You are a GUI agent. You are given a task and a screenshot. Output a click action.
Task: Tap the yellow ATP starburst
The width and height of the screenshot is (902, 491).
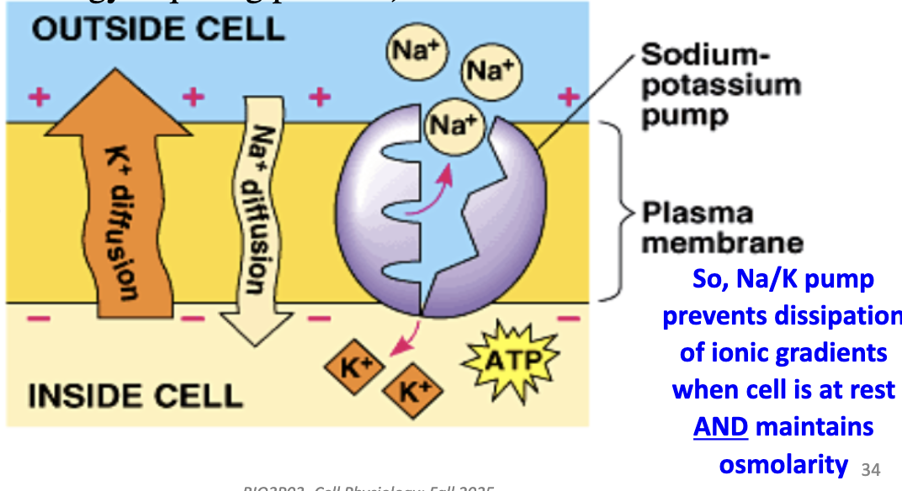click(509, 362)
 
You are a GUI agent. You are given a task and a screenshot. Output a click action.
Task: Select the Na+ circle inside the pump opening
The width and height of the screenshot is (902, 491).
click(452, 127)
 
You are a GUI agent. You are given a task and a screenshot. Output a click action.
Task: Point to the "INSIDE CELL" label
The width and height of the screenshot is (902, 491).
click(135, 394)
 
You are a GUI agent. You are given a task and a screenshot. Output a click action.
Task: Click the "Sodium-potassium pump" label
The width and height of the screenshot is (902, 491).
click(719, 84)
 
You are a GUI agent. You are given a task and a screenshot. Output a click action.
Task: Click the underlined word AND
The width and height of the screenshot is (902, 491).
click(720, 427)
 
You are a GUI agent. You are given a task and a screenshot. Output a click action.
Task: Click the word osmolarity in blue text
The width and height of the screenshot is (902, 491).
click(783, 463)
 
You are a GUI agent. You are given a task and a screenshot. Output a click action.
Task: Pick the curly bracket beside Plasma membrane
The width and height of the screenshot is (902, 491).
click(621, 210)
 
